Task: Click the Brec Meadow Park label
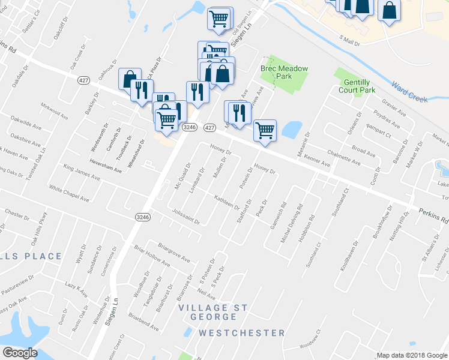tap(284, 73)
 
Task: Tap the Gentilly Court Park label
tap(360, 86)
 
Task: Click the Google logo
tap(20, 353)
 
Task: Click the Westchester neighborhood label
tap(242, 332)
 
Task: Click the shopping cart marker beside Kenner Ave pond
tap(265, 130)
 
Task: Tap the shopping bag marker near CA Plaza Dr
tap(130, 79)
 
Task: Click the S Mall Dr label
tap(352, 40)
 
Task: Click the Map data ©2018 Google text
tap(411, 355)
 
